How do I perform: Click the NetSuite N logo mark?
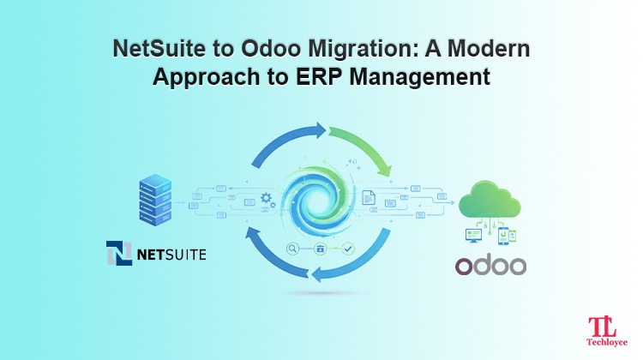[120, 254]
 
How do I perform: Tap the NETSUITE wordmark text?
[171, 255]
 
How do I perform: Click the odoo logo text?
[490, 264]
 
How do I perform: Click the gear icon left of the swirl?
[267, 199]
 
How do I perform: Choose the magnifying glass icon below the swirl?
[293, 249]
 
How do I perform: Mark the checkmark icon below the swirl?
[348, 249]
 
